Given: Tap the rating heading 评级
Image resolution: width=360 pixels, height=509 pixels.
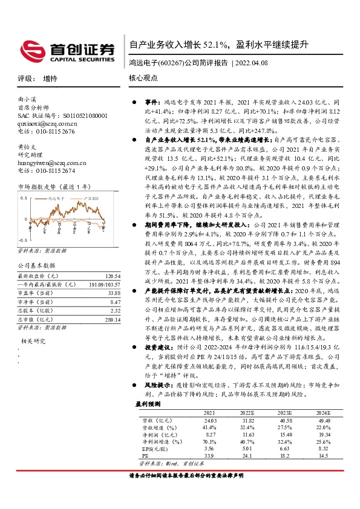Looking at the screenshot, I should (24, 79).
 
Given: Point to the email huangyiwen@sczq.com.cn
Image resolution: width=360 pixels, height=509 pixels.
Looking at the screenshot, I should (51, 163).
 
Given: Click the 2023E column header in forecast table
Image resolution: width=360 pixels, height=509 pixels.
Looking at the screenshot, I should (286, 412).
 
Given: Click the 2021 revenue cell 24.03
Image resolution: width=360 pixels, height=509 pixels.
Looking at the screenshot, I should (211, 420).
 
